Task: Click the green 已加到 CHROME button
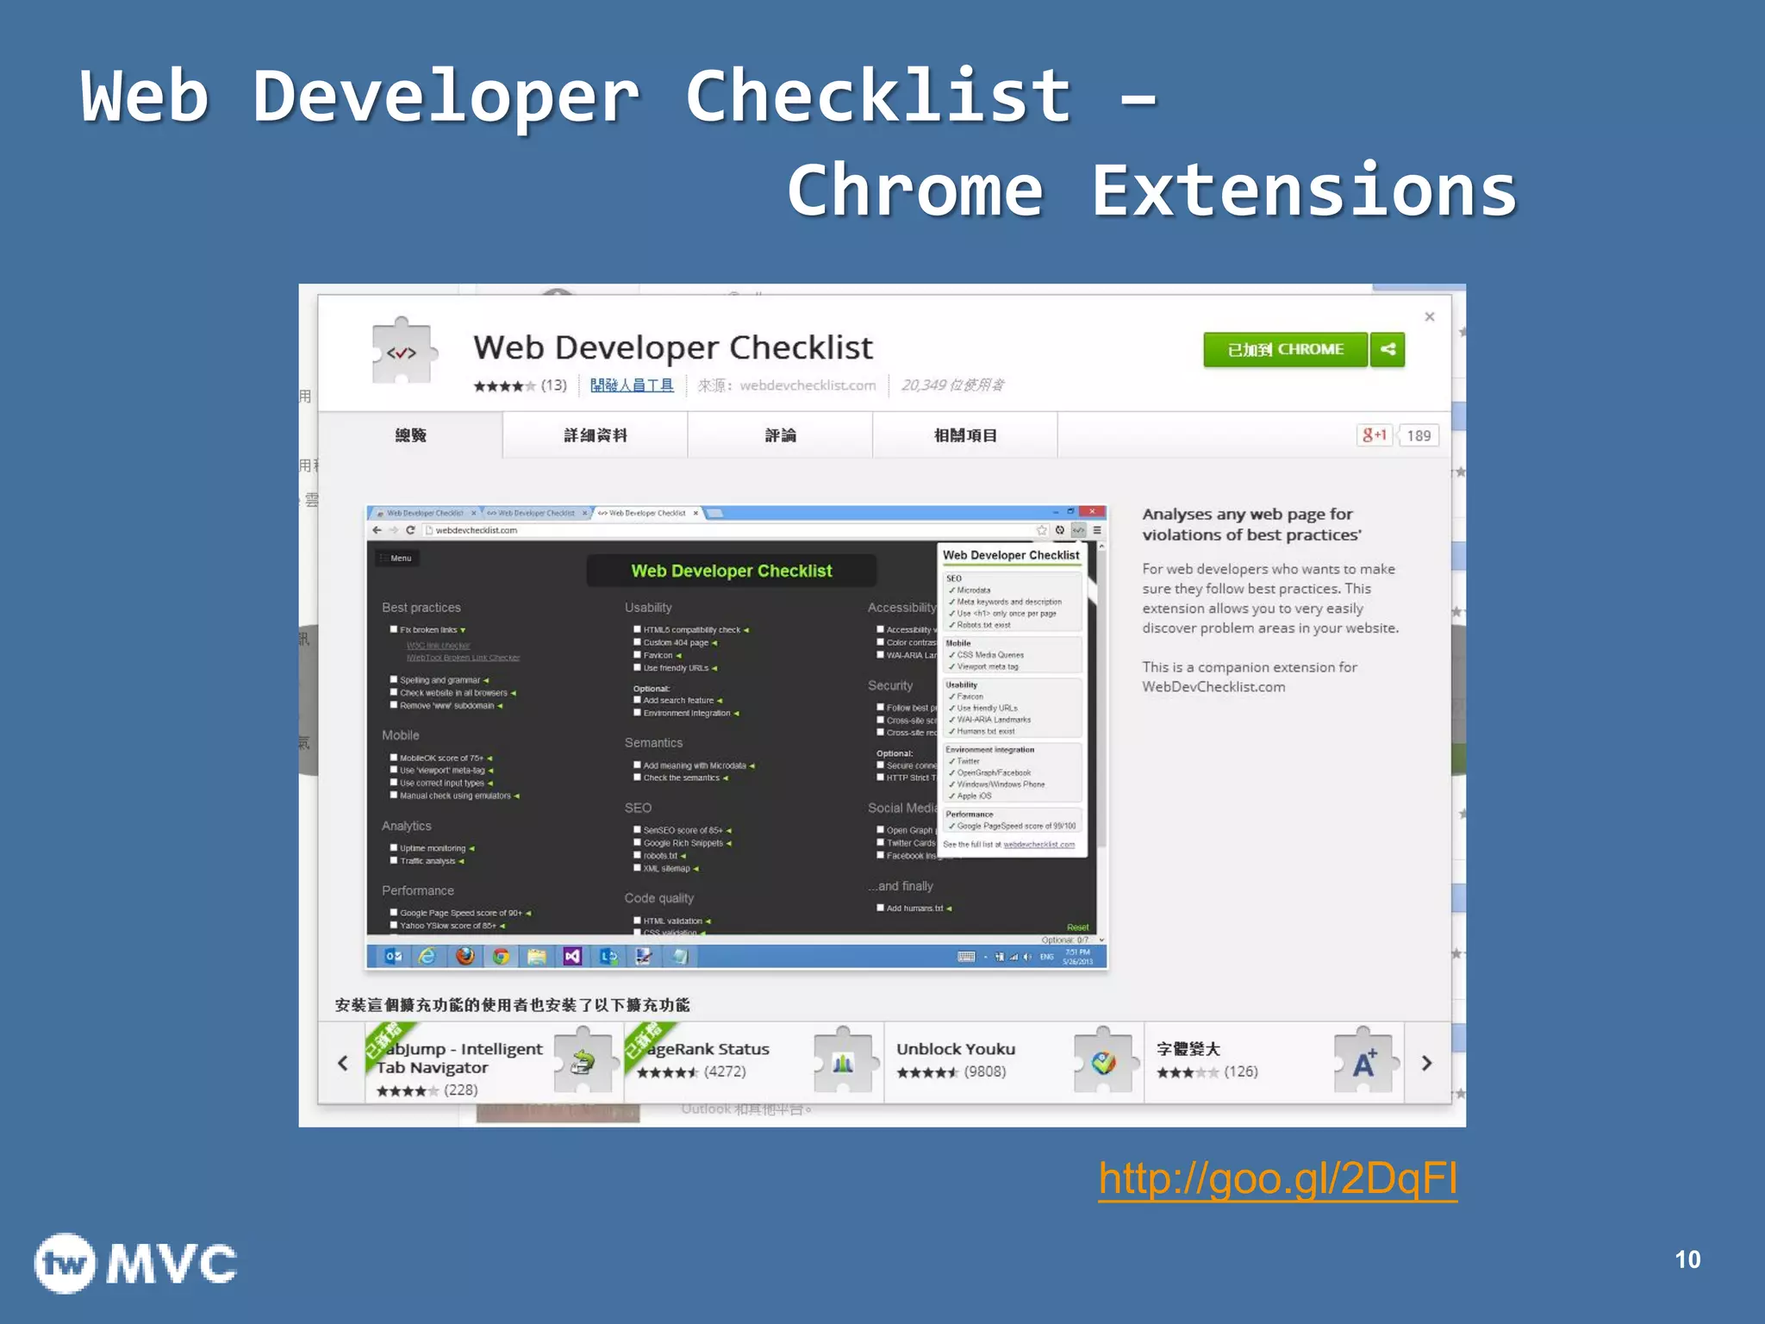tap(1284, 350)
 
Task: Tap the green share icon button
tap(1388, 350)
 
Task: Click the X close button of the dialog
tap(1430, 317)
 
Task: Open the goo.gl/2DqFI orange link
tap(1277, 1179)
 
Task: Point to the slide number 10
tap(1687, 1259)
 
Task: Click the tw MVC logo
tap(135, 1264)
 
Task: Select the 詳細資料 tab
tap(595, 435)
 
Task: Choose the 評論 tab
tap(780, 435)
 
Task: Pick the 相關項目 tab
tap(965, 435)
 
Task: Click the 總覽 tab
tap(410, 435)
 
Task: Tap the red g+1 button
tap(1375, 435)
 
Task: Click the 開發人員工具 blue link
tap(632, 385)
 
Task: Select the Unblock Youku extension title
tap(956, 1049)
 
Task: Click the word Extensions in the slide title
tap(1303, 191)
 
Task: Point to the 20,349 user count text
tap(952, 385)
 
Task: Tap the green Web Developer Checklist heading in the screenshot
tap(731, 571)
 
